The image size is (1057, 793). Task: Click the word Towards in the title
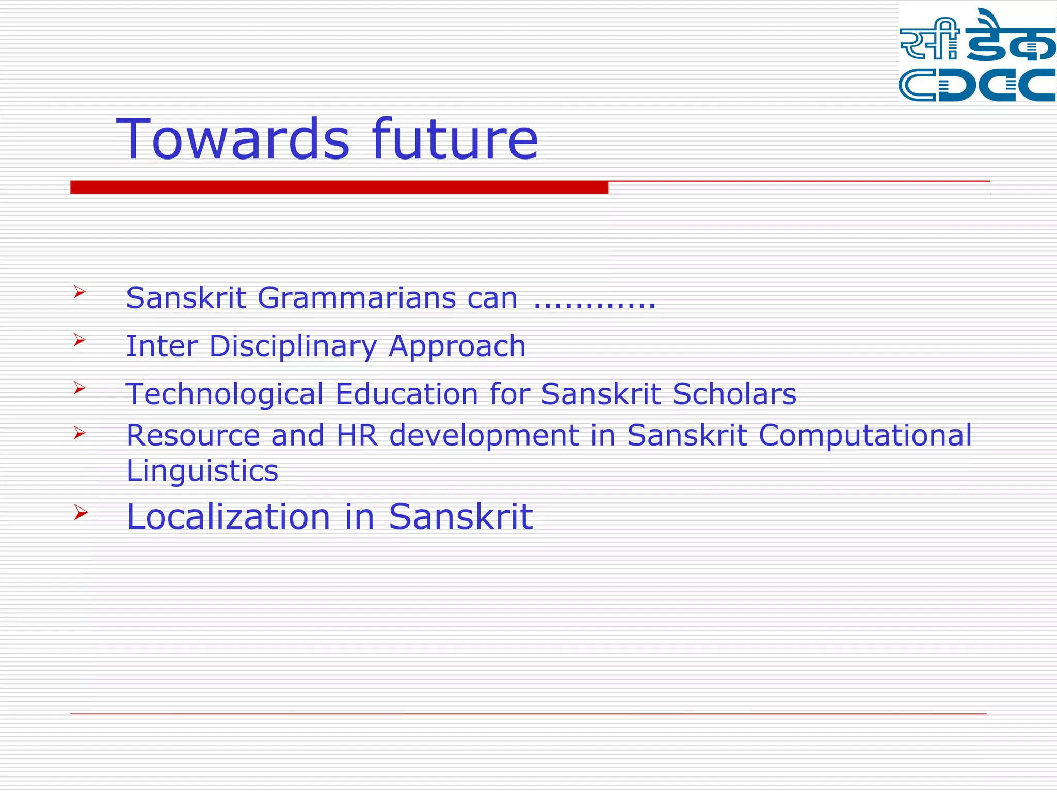point(233,139)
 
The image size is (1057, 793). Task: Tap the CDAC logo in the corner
point(976,55)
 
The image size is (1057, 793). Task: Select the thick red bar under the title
point(339,187)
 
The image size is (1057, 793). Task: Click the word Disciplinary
point(293,346)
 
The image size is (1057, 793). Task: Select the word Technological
point(225,394)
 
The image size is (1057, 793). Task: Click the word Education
point(407,394)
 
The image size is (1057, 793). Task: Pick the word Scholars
point(734,394)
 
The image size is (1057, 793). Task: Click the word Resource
point(193,435)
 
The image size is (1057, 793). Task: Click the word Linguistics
point(202,471)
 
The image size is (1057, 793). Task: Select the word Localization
point(228,517)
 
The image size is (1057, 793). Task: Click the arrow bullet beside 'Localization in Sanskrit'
point(80,512)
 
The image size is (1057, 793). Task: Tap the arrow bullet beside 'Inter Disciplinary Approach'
point(79,340)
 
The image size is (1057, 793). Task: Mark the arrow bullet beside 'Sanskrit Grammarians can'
point(79,292)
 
